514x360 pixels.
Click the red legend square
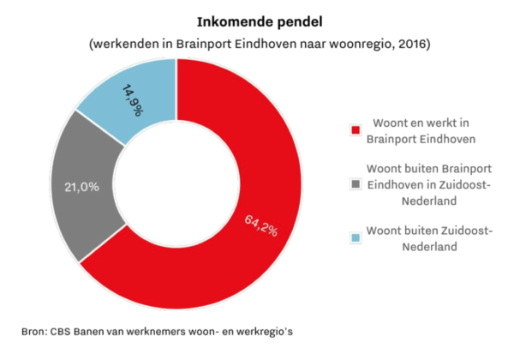click(x=355, y=130)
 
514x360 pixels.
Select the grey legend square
click(x=355, y=183)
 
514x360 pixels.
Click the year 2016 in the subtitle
click(x=409, y=43)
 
